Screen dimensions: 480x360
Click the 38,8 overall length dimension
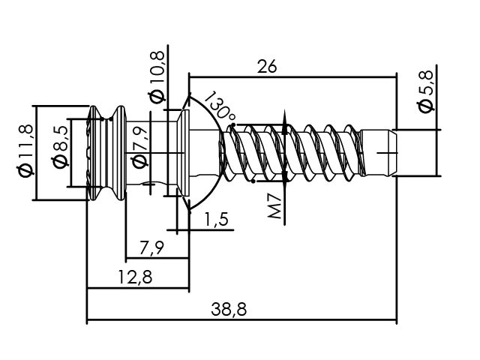[229, 309]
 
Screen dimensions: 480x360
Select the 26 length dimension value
[267, 67]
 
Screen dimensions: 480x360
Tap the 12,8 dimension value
[135, 277]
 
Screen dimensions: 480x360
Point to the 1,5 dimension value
[216, 219]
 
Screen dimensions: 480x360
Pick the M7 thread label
[274, 206]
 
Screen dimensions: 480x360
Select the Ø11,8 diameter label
[25, 151]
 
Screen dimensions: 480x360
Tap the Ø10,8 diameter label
[157, 77]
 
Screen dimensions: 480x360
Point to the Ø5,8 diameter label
[425, 91]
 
